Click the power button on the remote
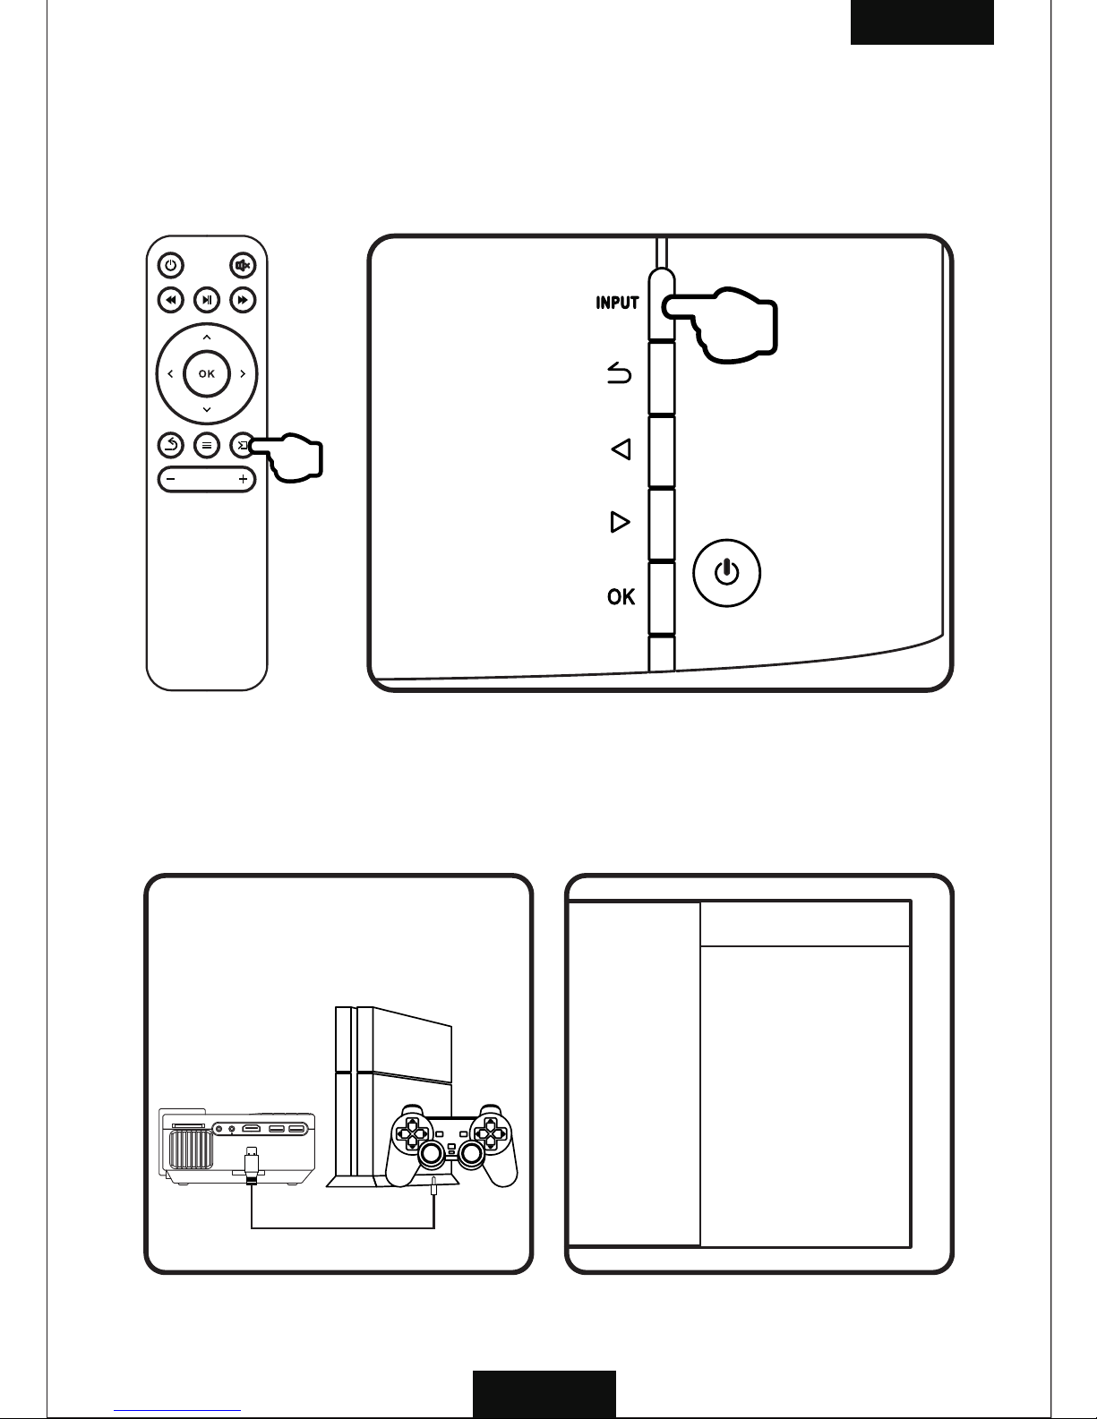[171, 265]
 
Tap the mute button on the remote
[243, 265]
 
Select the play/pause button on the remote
[207, 300]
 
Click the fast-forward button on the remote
[243, 300]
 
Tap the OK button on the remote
[207, 373]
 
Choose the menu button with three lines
[207, 445]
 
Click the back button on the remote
[171, 445]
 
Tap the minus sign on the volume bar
[171, 479]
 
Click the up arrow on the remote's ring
[207, 337]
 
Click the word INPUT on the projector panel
[617, 303]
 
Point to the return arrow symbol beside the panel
[619, 373]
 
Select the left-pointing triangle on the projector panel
[621, 449]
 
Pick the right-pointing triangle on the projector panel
[620, 522]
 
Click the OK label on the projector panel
[621, 596]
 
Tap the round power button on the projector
[727, 573]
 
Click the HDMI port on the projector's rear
[252, 1128]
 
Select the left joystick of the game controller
[432, 1155]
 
